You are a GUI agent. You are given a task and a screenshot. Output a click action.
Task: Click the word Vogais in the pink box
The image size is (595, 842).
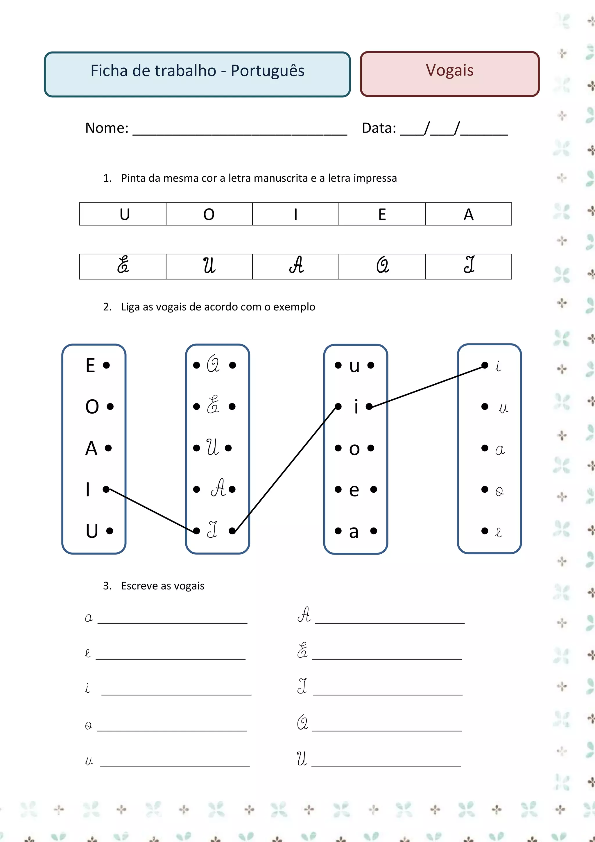point(449,70)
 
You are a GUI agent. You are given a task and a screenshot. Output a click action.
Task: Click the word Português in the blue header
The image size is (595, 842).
point(267,71)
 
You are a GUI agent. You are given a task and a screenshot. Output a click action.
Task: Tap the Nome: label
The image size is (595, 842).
point(107,128)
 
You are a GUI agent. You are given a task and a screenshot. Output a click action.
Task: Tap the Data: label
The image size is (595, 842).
point(379,128)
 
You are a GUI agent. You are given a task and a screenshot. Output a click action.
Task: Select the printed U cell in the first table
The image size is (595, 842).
point(124,214)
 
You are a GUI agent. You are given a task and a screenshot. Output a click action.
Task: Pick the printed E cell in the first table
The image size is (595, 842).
point(382,214)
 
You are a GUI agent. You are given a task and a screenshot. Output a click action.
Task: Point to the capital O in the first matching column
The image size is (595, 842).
point(92,407)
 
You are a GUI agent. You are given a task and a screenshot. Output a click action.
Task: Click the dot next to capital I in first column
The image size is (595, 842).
point(106,489)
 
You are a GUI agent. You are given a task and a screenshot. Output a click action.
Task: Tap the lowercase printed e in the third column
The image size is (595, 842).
point(354,490)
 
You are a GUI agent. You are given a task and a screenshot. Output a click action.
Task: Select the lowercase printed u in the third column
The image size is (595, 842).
point(354,366)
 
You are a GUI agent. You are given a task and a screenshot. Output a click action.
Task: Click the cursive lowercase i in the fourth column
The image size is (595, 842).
point(498,366)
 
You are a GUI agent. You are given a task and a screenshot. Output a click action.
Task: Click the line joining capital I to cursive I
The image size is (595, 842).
point(151,510)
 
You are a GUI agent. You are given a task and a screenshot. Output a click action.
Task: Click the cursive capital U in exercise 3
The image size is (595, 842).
point(302,759)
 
